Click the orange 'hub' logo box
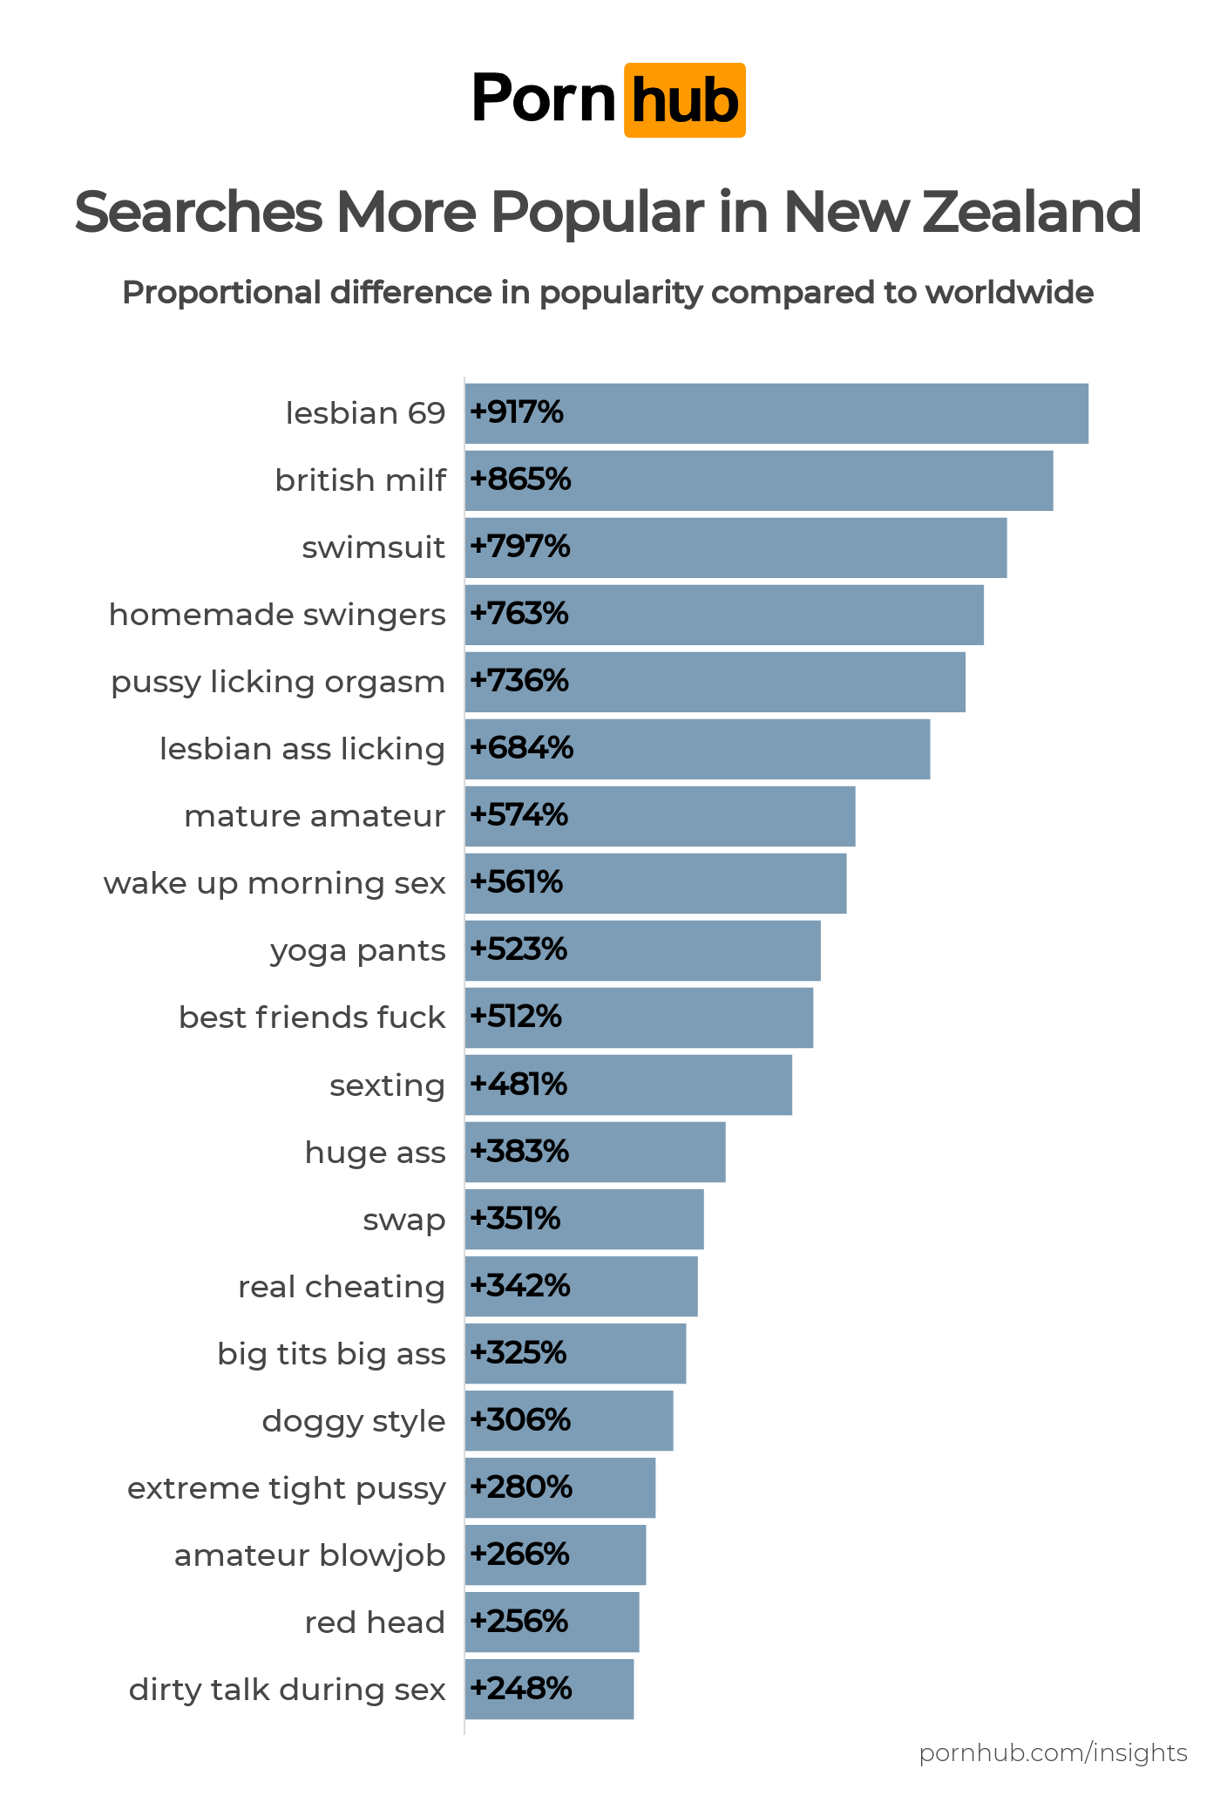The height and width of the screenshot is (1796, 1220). pos(684,100)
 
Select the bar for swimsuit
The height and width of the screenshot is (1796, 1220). pos(735,548)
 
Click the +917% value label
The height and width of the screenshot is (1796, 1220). pos(517,412)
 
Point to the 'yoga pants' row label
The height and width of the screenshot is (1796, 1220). pos(357,950)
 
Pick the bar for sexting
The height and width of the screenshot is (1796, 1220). pos(628,1085)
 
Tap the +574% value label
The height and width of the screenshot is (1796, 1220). pos(518,816)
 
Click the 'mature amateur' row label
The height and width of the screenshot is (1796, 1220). pos(314,816)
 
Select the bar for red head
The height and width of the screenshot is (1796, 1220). pos(552,1622)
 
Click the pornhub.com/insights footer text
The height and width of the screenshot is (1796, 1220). pos(1053,1752)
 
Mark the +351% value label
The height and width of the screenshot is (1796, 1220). pos(515,1219)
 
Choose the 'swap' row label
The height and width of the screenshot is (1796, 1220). pos(403,1220)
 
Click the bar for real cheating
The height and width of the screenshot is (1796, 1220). pos(581,1286)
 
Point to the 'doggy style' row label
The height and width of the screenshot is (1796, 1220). pos(353,1421)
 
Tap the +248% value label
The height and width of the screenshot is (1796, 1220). pos(520,1690)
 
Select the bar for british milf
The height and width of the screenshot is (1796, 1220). pos(758,480)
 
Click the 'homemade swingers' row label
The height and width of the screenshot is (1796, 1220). pos(276,615)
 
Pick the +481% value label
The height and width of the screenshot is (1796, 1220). pos(518,1085)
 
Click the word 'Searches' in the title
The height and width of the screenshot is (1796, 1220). pos(198,212)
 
